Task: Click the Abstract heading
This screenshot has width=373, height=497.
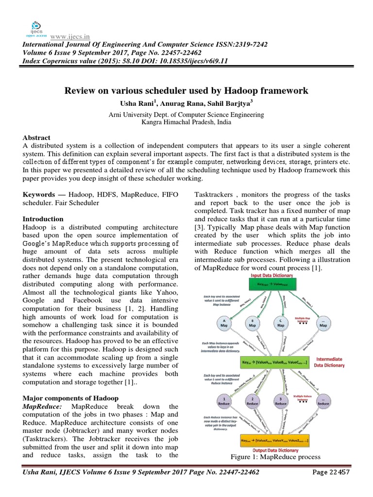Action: [x=36, y=138]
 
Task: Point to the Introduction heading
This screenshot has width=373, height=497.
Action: [x=43, y=219]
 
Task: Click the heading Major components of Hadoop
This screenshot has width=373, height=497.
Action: [x=70, y=398]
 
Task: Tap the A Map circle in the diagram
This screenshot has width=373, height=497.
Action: [x=223, y=323]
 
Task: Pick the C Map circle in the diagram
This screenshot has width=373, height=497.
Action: [x=280, y=323]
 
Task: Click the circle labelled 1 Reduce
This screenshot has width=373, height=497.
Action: [x=223, y=400]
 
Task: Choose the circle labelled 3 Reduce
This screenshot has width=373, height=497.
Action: [x=280, y=400]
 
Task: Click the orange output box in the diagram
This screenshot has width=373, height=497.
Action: [x=274, y=441]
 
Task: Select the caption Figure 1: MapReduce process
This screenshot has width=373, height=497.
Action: [x=276, y=457]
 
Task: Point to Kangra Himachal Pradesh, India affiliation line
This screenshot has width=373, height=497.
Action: [x=186, y=122]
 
